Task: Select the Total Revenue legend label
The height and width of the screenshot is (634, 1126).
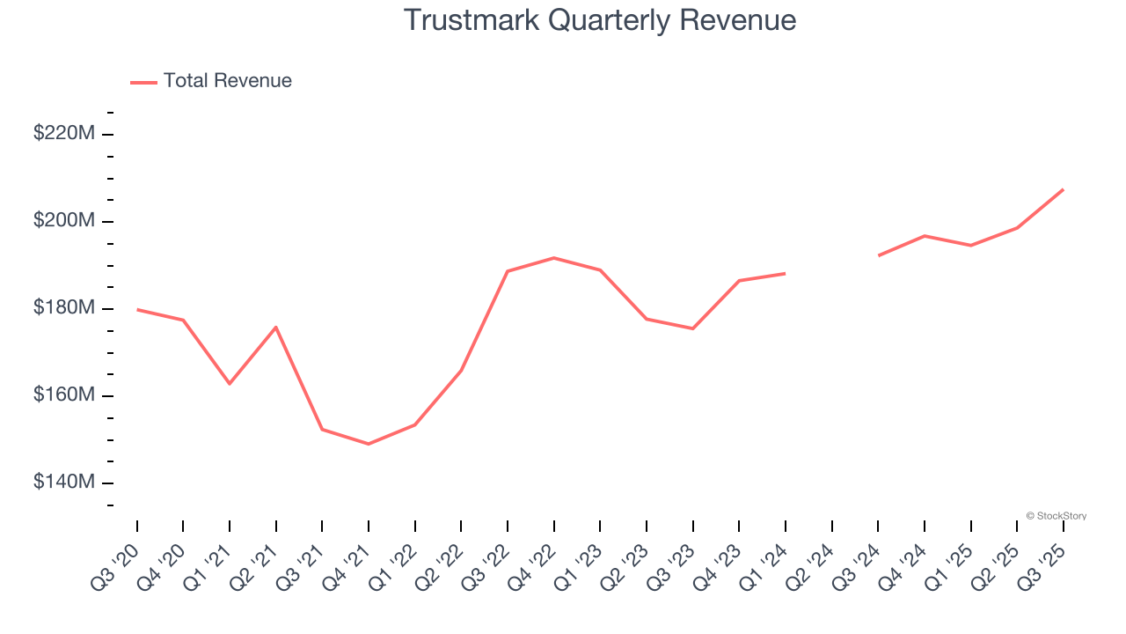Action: click(x=227, y=81)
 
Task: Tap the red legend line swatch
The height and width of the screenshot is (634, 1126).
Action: click(x=143, y=82)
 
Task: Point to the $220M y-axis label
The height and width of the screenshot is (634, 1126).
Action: click(x=64, y=134)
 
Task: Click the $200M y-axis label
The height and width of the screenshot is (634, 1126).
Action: click(x=64, y=221)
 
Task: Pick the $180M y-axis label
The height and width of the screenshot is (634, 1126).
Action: click(x=64, y=308)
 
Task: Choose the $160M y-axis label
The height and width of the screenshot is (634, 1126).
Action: click(x=64, y=395)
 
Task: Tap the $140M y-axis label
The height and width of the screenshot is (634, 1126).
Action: click(x=64, y=483)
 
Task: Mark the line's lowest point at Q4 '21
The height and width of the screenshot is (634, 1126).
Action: click(x=369, y=444)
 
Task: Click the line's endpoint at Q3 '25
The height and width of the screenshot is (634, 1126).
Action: click(x=1064, y=189)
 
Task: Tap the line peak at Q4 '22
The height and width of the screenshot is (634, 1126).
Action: click(x=554, y=258)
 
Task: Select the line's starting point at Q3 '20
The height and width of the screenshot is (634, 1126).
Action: click(x=137, y=310)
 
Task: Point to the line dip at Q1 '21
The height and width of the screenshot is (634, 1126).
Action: click(x=230, y=384)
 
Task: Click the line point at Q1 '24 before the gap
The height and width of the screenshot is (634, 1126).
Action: click(x=786, y=273)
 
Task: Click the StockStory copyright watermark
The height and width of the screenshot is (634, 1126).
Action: click(x=1057, y=516)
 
